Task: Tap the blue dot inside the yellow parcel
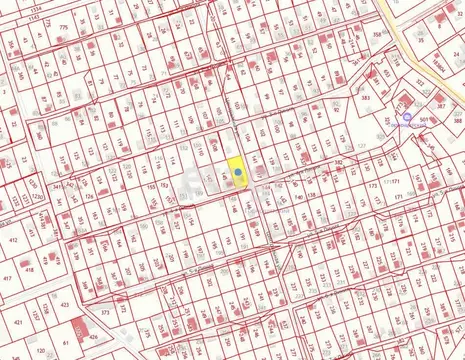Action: tap(238, 172)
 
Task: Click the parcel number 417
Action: tap(8, 278)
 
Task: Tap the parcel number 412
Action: tap(14, 240)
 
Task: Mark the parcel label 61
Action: tap(66, 343)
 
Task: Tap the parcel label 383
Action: tap(366, 98)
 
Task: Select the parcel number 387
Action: tap(441, 105)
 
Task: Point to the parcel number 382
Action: tap(339, 161)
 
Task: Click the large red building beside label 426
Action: tap(78, 326)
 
